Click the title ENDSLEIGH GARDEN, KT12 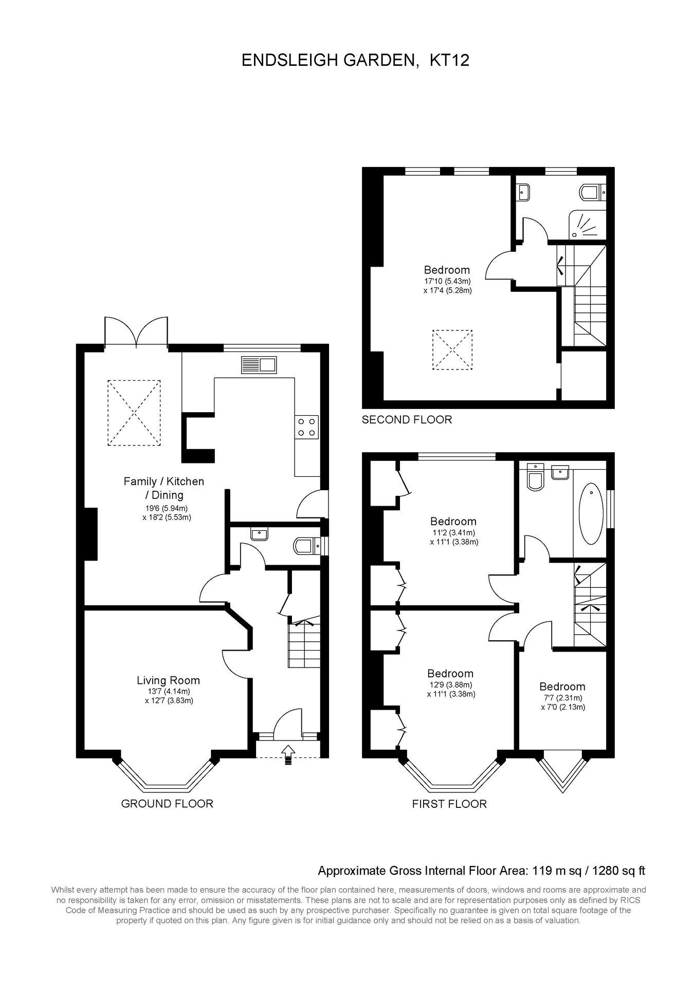coord(356,61)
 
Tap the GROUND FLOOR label coord(167,804)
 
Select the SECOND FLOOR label coord(407,420)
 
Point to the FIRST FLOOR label coord(449,804)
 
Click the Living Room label coord(168,680)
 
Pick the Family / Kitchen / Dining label coord(164,488)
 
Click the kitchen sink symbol coord(259,364)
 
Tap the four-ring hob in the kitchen coord(306,427)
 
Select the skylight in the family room coord(134,413)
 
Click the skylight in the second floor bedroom coord(452,349)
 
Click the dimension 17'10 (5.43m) coord(447,281)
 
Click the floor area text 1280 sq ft coord(619,871)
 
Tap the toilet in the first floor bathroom coord(536,477)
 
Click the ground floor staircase coord(304,642)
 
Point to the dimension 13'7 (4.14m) coord(168,691)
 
